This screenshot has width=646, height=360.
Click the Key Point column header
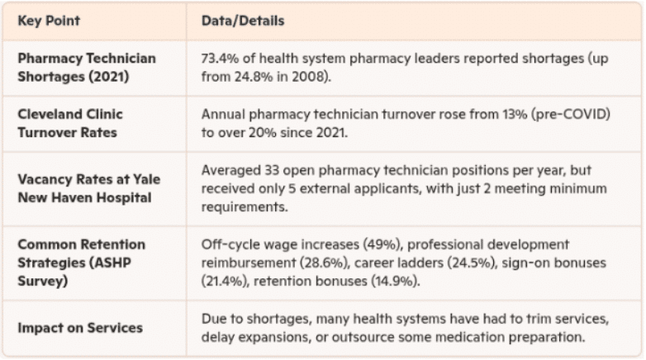(49, 21)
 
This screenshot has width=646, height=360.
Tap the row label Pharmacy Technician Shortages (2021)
(86, 68)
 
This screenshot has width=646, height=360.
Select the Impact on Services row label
(80, 327)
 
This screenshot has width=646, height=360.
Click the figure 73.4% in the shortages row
(221, 59)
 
